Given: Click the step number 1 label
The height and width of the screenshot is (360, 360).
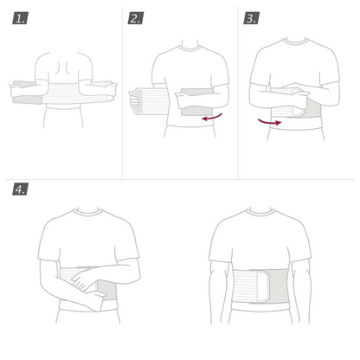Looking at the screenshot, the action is [20, 18].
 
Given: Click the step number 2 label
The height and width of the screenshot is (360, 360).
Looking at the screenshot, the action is [136, 18].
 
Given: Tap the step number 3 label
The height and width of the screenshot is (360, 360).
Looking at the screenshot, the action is [251, 18].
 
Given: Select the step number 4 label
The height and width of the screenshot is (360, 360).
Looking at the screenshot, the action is [20, 190].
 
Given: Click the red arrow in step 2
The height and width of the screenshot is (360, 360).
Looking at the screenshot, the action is [212, 118].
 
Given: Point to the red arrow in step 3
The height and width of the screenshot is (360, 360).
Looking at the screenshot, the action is [270, 122].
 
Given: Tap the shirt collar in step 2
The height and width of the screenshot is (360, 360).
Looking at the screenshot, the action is [190, 48].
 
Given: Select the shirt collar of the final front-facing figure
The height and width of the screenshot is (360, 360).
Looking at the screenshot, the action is [260, 213].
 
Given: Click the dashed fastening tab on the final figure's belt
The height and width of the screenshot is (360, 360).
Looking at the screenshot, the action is [263, 286].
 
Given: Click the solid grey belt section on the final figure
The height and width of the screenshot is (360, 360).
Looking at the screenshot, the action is [280, 286].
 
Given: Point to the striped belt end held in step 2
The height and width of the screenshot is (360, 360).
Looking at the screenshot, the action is [151, 101].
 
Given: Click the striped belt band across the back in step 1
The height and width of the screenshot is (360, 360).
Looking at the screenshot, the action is [64, 93].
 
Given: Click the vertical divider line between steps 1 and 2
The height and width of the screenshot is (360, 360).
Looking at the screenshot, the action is [122, 93].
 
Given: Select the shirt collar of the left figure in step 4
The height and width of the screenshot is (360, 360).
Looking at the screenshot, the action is [87, 213].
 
